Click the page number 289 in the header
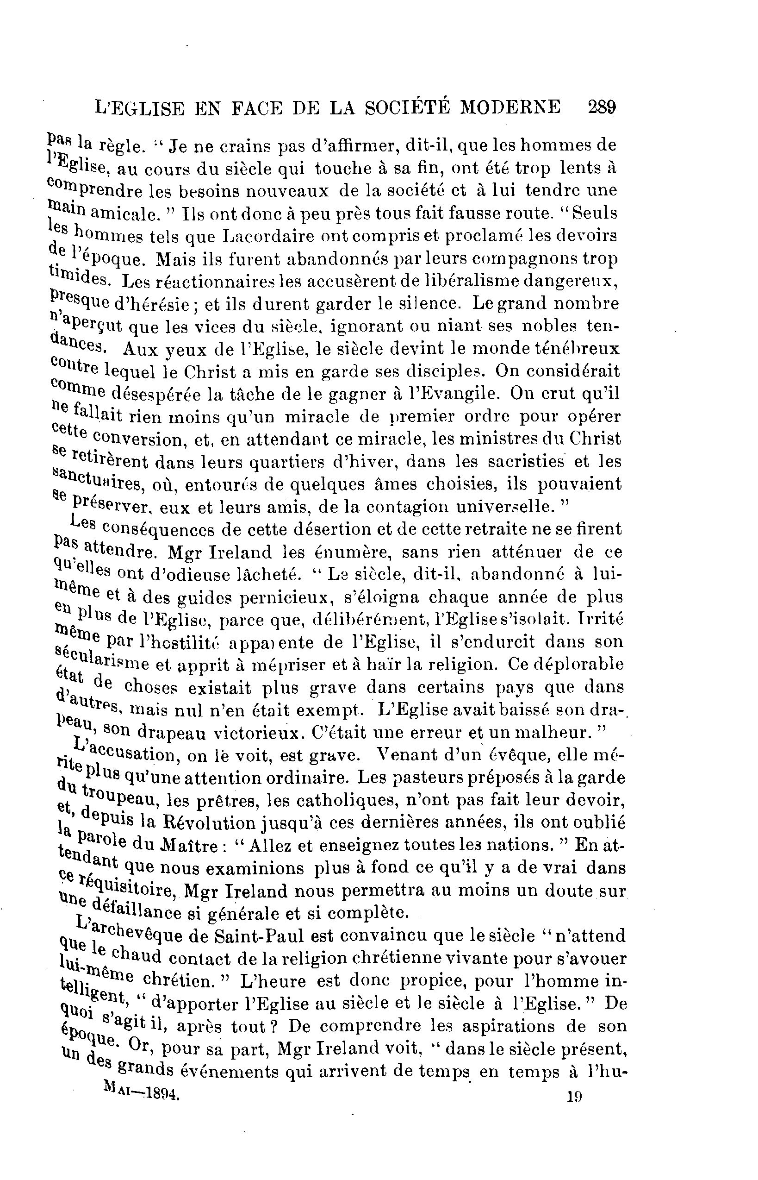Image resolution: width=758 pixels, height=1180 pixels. click(x=602, y=107)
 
